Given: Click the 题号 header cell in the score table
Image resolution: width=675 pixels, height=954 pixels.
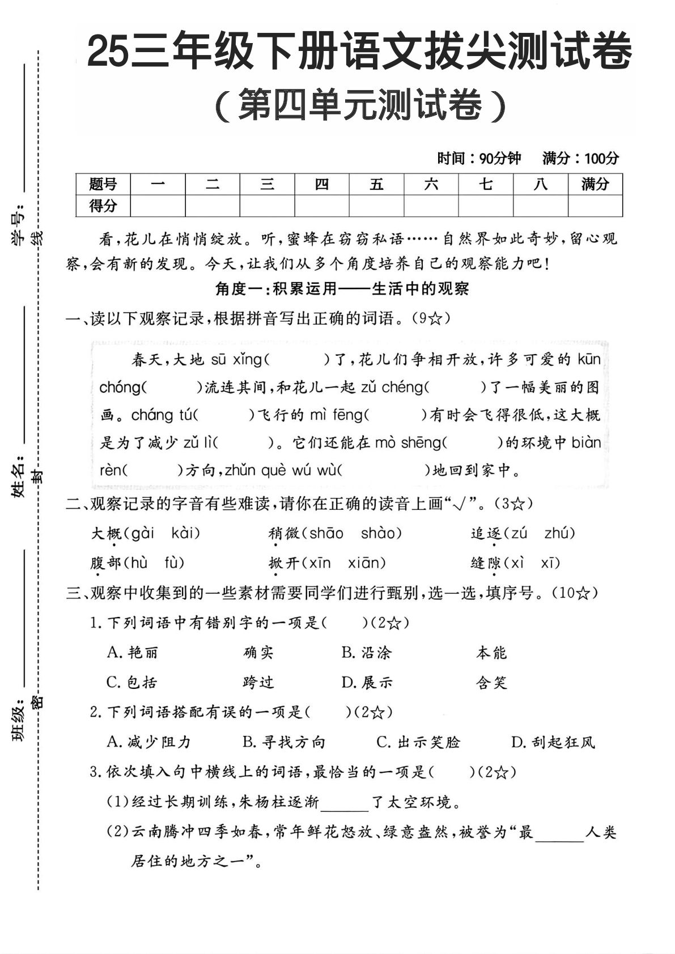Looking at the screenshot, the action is [x=103, y=184].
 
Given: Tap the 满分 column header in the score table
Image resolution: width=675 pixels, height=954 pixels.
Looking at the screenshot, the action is [x=595, y=184].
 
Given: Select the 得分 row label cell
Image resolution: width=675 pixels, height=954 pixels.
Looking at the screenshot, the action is [x=103, y=206].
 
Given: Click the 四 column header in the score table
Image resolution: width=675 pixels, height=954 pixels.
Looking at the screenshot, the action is [x=322, y=184].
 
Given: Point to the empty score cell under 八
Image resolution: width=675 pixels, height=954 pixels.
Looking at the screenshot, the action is [x=541, y=206].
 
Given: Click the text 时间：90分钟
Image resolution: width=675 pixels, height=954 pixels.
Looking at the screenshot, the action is [x=479, y=158].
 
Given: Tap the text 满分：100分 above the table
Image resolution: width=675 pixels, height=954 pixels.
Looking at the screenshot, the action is [x=580, y=158].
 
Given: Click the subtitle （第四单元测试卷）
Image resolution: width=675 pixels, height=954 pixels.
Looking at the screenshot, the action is [x=360, y=105].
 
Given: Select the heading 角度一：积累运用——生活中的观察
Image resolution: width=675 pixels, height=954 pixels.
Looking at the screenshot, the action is [x=342, y=289].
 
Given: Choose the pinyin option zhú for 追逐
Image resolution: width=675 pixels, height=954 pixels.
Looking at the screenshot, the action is [x=559, y=533].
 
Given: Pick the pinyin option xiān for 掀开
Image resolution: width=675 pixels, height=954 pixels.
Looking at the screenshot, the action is [x=366, y=563].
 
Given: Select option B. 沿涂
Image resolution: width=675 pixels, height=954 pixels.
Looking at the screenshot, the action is [x=367, y=653].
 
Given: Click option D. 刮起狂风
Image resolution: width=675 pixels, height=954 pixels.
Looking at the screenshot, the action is [x=553, y=742].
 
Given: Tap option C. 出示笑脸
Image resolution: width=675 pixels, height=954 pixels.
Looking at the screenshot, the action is [x=418, y=742].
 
